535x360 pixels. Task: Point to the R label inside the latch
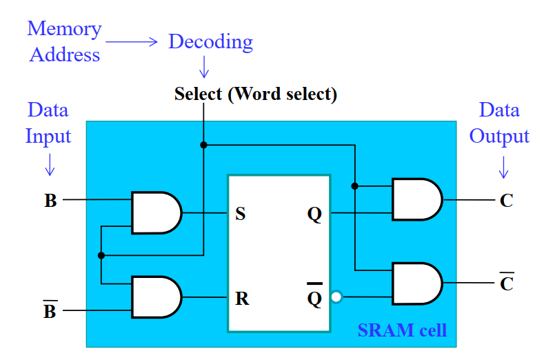pyautogui.click(x=241, y=299)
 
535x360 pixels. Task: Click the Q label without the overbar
pyautogui.click(x=314, y=214)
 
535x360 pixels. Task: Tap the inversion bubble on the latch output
pyautogui.click(x=336, y=298)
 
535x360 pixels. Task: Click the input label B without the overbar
pyautogui.click(x=50, y=201)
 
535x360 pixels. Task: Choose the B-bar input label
pyautogui.click(x=50, y=311)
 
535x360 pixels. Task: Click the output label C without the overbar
pyautogui.click(x=506, y=201)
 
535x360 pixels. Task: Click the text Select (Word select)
pyautogui.click(x=256, y=94)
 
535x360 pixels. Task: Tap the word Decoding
pyautogui.click(x=210, y=42)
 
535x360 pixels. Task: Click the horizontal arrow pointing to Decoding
pyautogui.click(x=132, y=42)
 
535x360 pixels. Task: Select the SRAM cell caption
pyautogui.click(x=402, y=330)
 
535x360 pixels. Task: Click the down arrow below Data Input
pyautogui.click(x=49, y=163)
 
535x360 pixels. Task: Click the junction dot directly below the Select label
pyautogui.click(x=203, y=145)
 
